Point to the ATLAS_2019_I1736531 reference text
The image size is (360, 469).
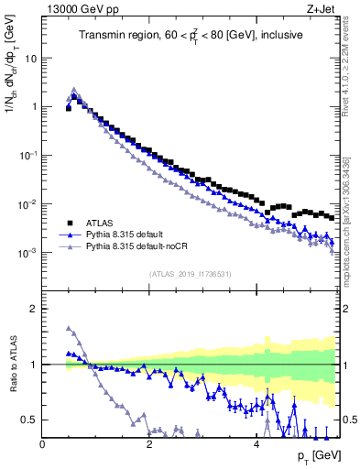190,274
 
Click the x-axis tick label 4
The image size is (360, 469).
256,443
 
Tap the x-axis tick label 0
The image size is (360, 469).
43,443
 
